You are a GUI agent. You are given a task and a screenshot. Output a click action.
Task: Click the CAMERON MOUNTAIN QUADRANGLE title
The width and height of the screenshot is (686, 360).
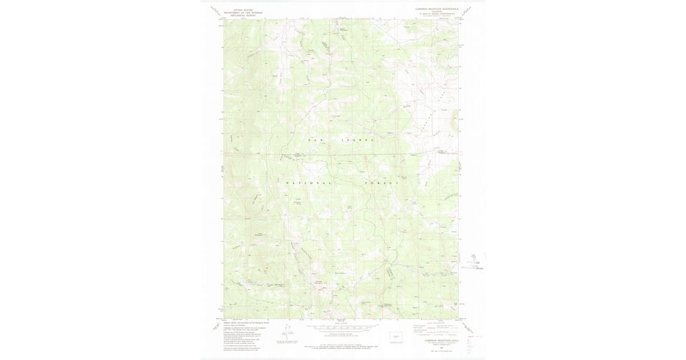pos(437,9)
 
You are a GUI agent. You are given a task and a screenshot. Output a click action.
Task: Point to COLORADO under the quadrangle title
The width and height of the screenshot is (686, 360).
pos(437,12)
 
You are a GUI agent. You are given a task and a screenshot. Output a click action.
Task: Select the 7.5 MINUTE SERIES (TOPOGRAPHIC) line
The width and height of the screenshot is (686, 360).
pos(437,14)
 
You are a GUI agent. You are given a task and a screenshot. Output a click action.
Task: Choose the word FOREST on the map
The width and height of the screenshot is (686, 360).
pos(381,183)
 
